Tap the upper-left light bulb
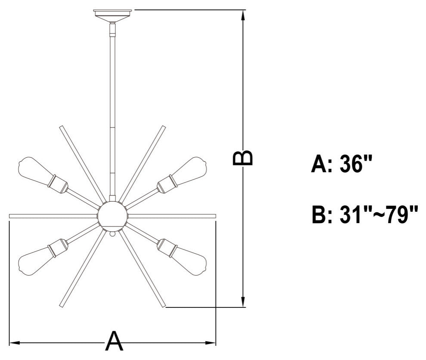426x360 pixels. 35,170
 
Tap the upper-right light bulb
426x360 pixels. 190,170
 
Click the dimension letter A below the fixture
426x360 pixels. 114,341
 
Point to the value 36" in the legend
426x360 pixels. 355,164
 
